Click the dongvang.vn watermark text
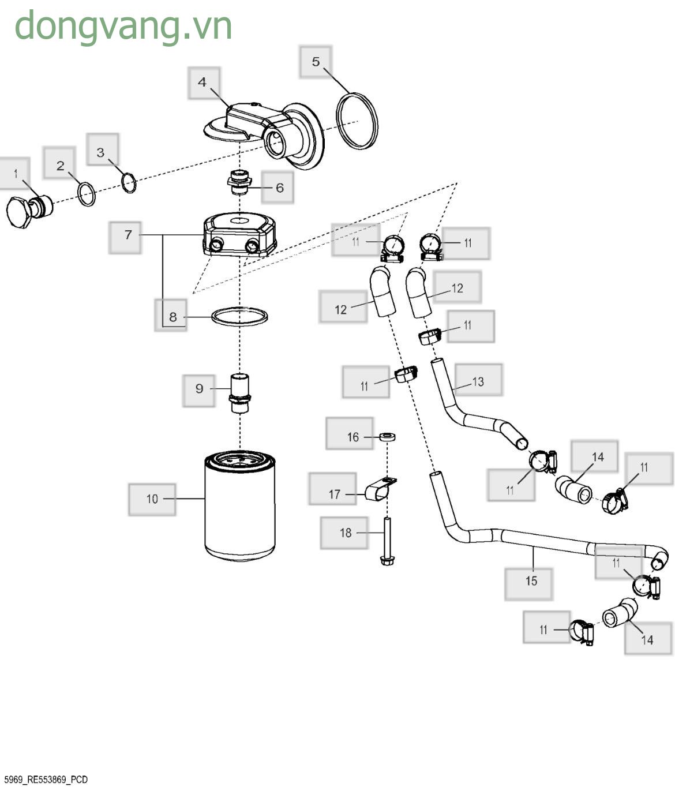click(x=123, y=27)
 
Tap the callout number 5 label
click(x=316, y=62)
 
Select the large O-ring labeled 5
click(x=357, y=121)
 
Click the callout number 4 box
click(x=204, y=83)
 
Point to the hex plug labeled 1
click(x=29, y=211)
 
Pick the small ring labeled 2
click(x=87, y=194)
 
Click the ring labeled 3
click(x=129, y=183)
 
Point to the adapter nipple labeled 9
click(x=240, y=394)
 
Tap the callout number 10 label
click(x=152, y=500)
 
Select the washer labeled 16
click(x=387, y=437)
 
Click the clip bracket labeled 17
click(x=380, y=489)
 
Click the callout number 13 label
click(x=478, y=381)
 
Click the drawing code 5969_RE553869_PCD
click(x=46, y=779)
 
